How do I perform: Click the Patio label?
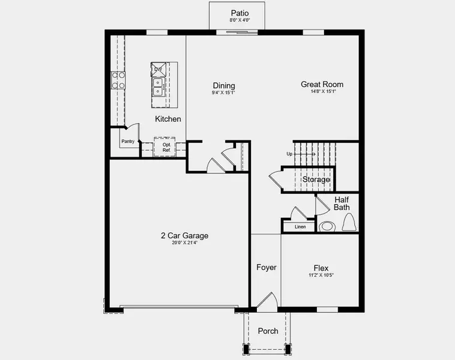(239, 13)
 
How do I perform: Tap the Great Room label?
(322, 85)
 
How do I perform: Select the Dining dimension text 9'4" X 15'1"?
(223, 93)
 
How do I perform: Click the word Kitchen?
(168, 119)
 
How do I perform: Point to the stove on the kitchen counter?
(118, 80)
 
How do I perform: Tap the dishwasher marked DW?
(158, 70)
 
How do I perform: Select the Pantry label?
(128, 142)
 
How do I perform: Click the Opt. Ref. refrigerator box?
(166, 146)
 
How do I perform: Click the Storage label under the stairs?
(316, 179)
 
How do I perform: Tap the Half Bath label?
(342, 203)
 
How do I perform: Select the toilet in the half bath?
(350, 223)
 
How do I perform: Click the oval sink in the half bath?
(327, 227)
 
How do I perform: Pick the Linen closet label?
(300, 227)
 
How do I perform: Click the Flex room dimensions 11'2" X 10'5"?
(321, 275)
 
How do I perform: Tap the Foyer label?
(266, 267)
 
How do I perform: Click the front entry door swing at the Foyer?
(267, 301)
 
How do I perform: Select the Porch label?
(268, 331)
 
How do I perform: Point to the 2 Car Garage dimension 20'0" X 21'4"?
(184, 243)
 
